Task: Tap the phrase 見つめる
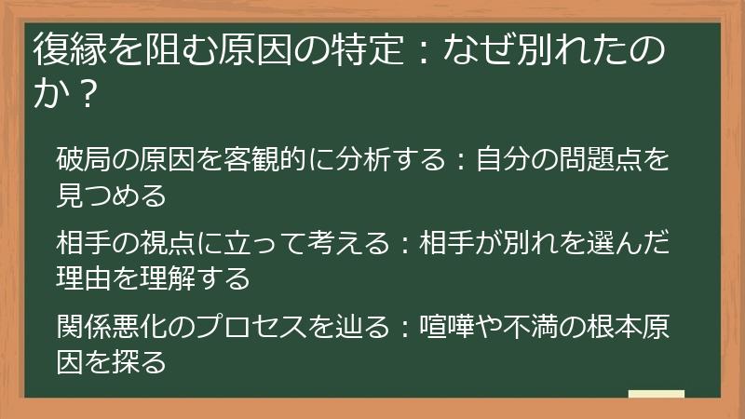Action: (x=112, y=196)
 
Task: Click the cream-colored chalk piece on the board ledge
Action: (x=656, y=395)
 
